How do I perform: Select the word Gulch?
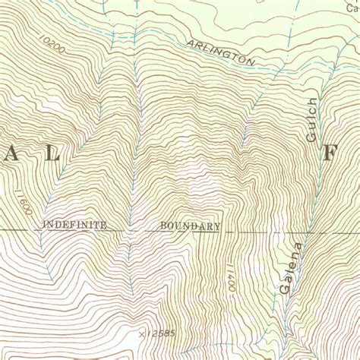[x=311, y=120]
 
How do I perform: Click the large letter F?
[x=330, y=152]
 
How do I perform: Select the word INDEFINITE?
[x=74, y=225]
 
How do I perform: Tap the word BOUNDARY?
[x=190, y=226]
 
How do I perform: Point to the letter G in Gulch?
[x=311, y=137]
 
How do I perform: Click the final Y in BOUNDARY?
[x=217, y=226]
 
